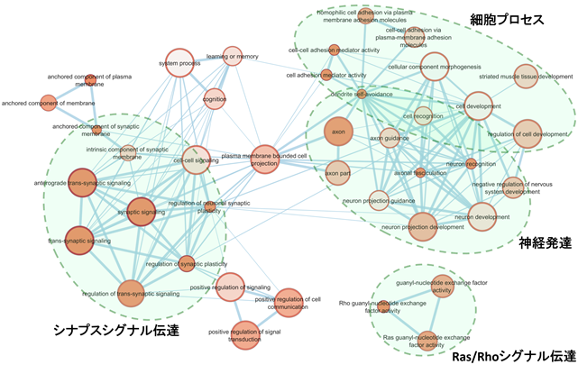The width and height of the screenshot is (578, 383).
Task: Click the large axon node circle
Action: pyautogui.click(x=340, y=132)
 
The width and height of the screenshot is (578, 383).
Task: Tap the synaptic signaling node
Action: pyautogui.click(x=142, y=211)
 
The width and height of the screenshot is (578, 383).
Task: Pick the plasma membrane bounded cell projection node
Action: pyautogui.click(x=265, y=160)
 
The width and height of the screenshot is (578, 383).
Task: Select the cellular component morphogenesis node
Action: pyautogui.click(x=434, y=66)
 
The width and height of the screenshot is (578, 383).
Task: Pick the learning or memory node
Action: pyautogui.click(x=233, y=56)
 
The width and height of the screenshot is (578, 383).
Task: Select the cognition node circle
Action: pyautogui.click(x=215, y=98)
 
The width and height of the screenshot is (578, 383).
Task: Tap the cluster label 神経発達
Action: pyautogui.click(x=544, y=242)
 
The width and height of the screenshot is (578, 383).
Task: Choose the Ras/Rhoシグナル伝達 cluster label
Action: pyautogui.click(x=512, y=357)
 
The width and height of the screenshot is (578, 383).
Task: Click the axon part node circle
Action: pyautogui.click(x=337, y=172)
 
